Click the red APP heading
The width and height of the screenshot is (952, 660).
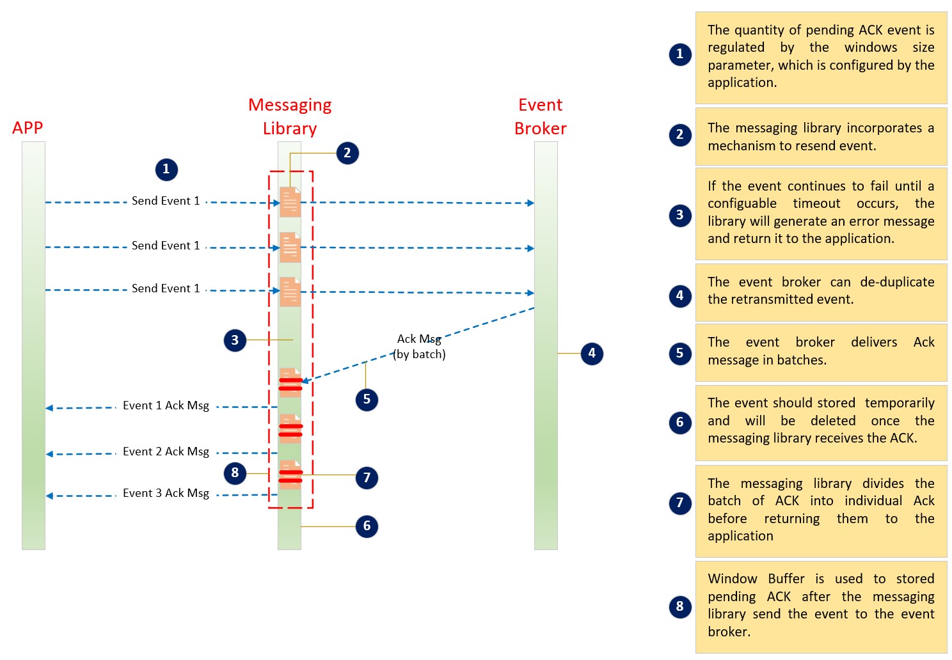coord(28,128)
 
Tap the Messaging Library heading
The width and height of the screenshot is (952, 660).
coord(290,116)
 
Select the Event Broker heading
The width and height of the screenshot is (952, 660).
coord(541,116)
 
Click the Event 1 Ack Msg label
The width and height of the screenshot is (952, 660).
coord(166,405)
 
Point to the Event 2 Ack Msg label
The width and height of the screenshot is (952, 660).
coord(166,452)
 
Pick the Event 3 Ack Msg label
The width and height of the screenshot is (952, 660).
coord(166,493)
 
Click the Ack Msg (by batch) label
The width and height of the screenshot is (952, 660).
coord(419,346)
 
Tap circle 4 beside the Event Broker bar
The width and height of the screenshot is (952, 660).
coord(592,353)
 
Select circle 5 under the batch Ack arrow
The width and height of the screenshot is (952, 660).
coord(367,400)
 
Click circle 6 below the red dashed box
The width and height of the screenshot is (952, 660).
coord(367,526)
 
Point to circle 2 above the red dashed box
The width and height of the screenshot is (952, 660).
coord(347,153)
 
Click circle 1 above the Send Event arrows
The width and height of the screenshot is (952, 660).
coord(166,169)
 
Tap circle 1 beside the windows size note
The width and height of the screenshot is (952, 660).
coord(679,54)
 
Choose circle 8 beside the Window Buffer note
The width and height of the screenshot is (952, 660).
coord(679,606)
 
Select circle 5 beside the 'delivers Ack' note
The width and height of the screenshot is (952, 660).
coord(679,353)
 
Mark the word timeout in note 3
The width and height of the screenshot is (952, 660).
coord(816,203)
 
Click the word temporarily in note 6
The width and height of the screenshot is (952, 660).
coord(900,403)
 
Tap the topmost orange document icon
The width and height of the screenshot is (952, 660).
coord(290,202)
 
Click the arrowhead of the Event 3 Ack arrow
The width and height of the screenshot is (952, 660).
coord(49,496)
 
